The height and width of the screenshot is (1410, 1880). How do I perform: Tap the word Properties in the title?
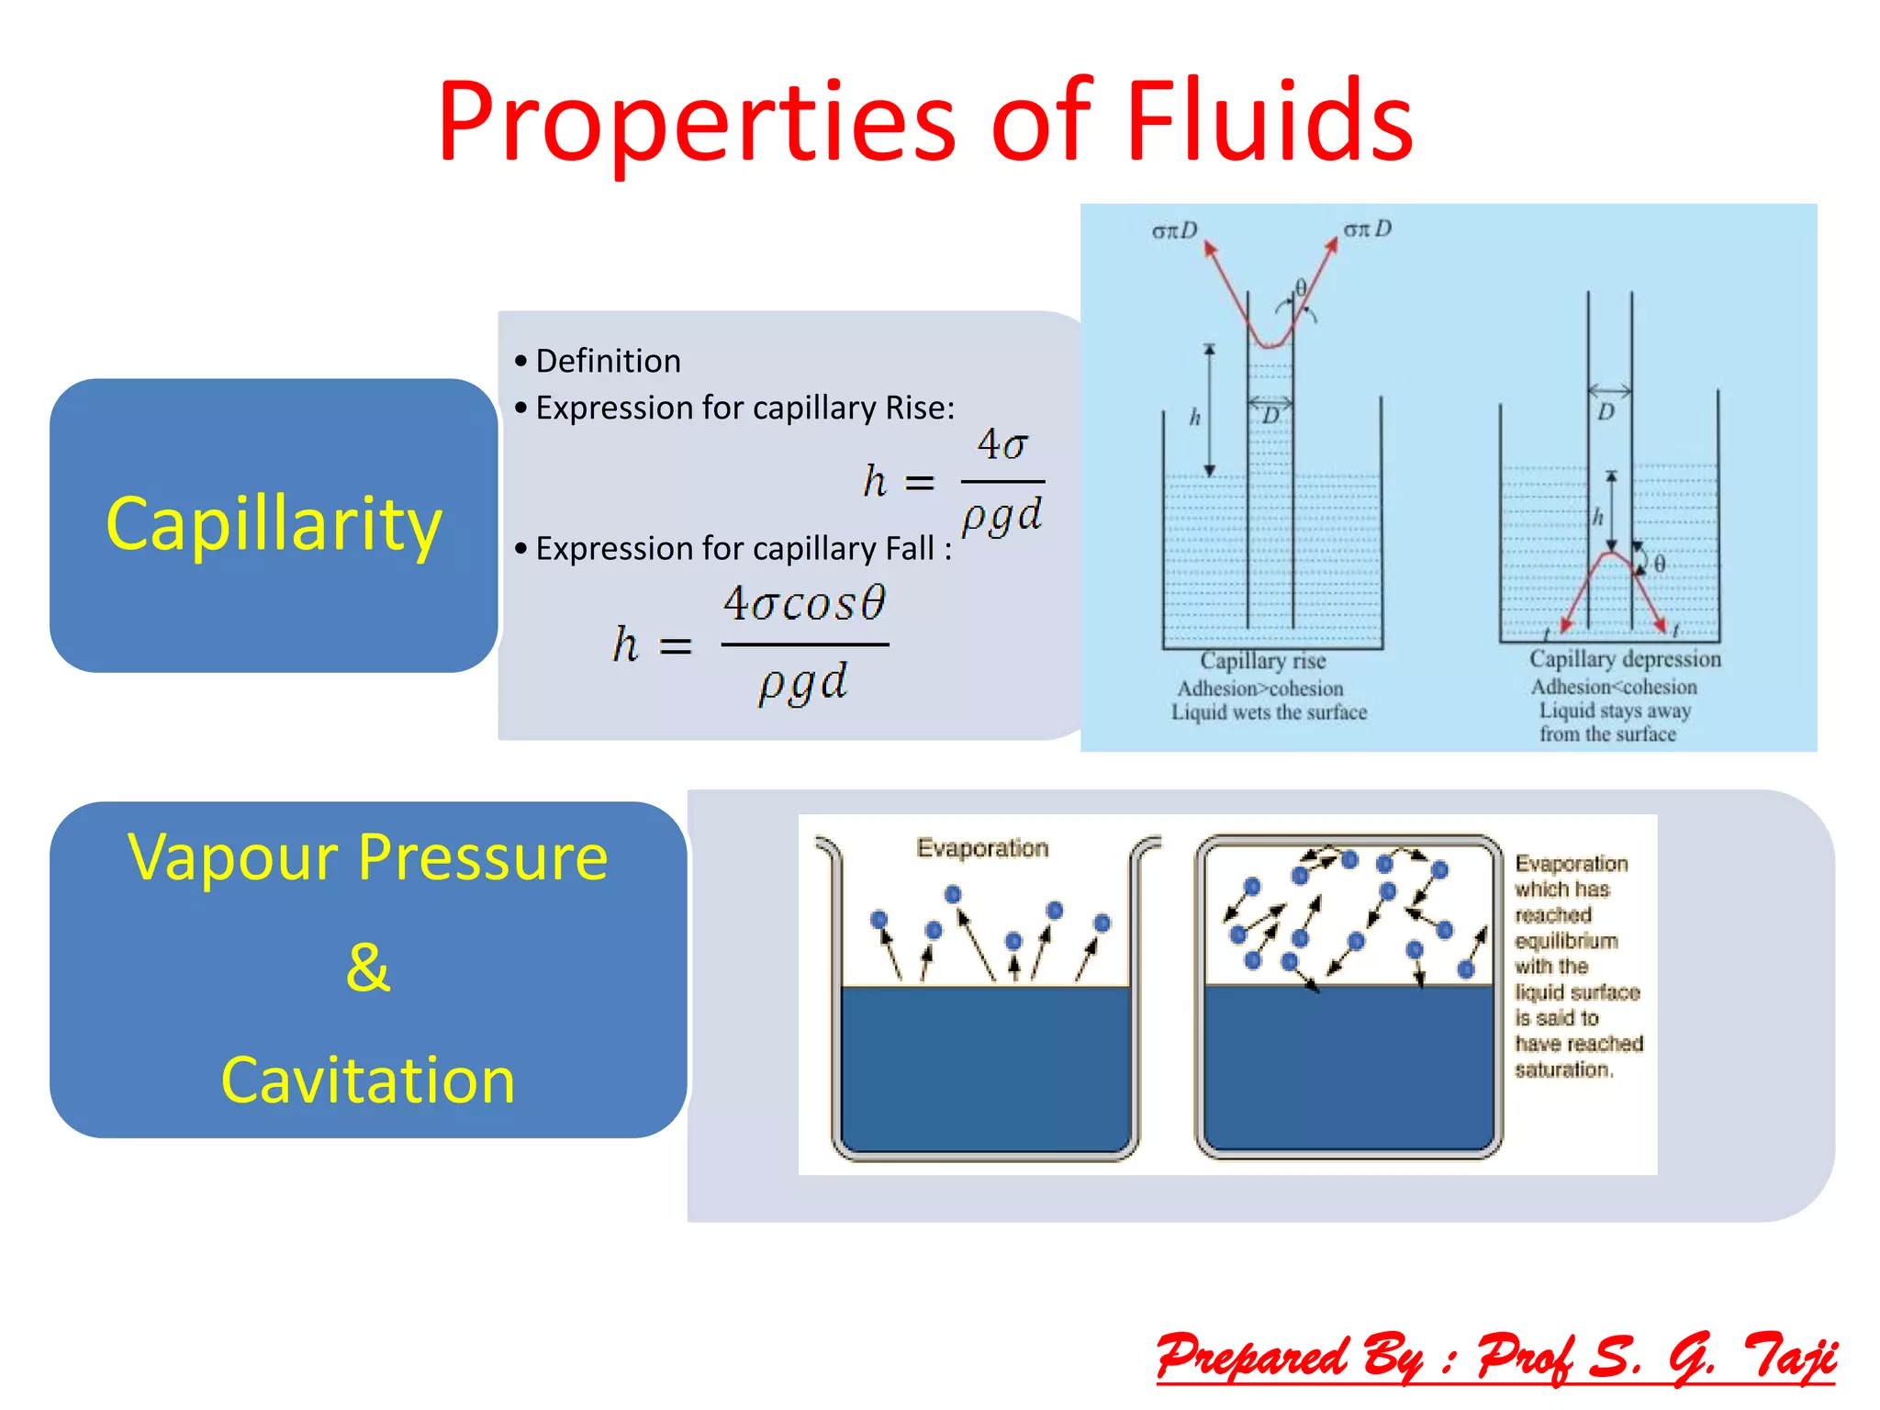point(698,121)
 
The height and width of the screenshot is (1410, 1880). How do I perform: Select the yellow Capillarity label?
point(274,523)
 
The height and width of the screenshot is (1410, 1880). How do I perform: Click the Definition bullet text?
point(608,361)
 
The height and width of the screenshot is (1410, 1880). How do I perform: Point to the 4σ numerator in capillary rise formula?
point(1002,445)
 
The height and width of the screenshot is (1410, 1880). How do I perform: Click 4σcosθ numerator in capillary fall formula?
point(804,603)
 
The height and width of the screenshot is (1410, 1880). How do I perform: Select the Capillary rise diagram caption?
point(1263,661)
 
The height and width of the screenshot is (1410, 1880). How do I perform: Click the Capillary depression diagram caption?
point(1625,659)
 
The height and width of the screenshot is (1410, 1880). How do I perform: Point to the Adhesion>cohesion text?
point(1259,688)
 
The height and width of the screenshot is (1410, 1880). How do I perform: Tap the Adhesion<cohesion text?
point(1613,687)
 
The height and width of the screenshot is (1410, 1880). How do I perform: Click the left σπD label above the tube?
point(1175,230)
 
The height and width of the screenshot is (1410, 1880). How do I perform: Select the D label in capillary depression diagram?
point(1606,411)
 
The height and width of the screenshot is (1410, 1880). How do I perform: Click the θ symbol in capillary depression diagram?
point(1660,564)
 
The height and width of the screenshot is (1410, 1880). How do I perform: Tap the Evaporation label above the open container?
point(982,848)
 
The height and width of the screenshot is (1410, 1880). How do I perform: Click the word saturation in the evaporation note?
point(1562,1069)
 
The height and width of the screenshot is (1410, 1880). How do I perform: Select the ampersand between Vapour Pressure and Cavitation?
point(368,968)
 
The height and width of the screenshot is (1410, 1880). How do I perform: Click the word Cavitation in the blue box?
point(368,1080)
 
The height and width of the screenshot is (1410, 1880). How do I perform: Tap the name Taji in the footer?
point(1790,1357)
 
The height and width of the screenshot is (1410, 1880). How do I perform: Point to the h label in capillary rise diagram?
point(1194,418)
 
